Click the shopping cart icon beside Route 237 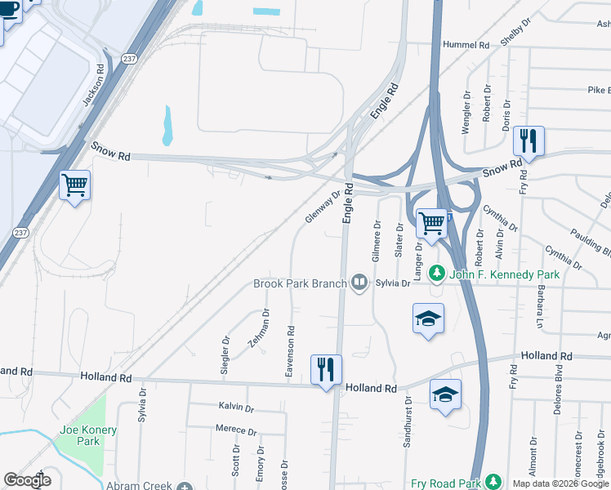tap(74, 185)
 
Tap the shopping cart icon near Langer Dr tap(431, 222)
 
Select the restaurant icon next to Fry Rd tap(528, 141)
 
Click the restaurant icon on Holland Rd tap(327, 368)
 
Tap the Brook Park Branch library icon tap(359, 283)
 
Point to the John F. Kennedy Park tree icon tap(437, 274)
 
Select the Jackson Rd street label tap(94, 84)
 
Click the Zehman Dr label tap(259, 329)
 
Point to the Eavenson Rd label tap(289, 352)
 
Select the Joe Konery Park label tap(88, 435)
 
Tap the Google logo tap(27, 479)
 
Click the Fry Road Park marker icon tap(492, 483)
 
